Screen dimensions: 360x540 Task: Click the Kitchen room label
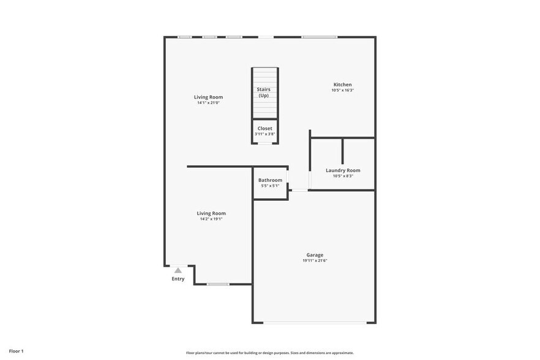(x=342, y=84)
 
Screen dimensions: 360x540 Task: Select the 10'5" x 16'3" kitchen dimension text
(x=342, y=91)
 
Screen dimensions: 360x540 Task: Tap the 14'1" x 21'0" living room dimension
(x=208, y=103)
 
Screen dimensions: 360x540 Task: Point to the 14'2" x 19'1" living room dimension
(x=211, y=219)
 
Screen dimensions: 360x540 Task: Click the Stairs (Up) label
(x=263, y=92)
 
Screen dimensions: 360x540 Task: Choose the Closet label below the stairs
(x=264, y=129)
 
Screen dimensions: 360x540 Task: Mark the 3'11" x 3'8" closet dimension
(x=264, y=134)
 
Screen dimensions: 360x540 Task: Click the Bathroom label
(x=270, y=180)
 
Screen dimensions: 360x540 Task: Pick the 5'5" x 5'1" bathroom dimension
(x=270, y=186)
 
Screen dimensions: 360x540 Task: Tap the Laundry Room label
(x=343, y=170)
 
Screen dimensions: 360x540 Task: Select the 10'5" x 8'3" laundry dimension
(x=343, y=176)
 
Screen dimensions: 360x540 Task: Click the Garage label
(x=315, y=255)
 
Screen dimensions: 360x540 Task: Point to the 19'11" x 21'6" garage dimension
(x=315, y=261)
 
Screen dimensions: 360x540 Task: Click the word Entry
(x=178, y=279)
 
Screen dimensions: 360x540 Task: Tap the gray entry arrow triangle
(x=178, y=270)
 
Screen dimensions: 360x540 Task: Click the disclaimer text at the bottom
(x=270, y=353)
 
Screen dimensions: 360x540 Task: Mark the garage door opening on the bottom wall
(x=315, y=323)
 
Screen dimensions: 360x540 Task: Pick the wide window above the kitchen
(x=319, y=37)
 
